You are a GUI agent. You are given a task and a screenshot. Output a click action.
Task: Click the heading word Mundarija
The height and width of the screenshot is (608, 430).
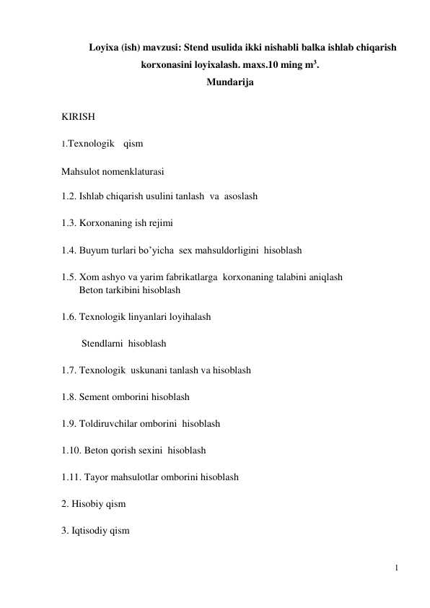(x=229, y=83)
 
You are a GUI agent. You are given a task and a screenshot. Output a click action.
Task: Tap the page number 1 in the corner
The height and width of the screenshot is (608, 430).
(x=397, y=568)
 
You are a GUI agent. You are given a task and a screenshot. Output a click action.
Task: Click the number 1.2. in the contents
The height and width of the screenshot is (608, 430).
(x=69, y=196)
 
